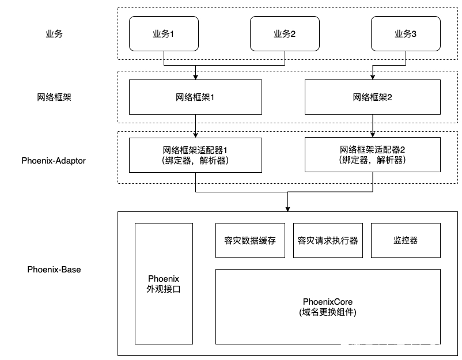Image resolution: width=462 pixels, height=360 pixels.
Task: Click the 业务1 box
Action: [164, 33]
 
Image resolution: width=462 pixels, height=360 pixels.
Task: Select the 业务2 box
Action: [285, 33]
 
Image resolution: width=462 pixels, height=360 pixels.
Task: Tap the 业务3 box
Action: [406, 33]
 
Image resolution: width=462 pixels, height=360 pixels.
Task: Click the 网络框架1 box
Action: [195, 97]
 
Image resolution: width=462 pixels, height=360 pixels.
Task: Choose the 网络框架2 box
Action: [373, 97]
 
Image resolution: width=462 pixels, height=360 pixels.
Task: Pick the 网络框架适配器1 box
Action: [195, 155]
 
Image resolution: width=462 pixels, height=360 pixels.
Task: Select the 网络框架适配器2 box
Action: [373, 154]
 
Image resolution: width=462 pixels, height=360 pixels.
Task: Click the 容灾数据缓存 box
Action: [250, 240]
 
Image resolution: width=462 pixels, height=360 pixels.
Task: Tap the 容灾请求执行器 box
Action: [328, 240]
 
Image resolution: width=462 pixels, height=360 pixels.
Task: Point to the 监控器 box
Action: [406, 240]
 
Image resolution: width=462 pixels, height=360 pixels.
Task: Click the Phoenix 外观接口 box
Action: [164, 283]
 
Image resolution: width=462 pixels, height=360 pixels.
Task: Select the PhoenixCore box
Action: [328, 306]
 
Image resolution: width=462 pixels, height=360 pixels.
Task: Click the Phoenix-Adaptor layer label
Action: [54, 161]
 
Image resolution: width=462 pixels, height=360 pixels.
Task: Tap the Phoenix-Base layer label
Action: [54, 269]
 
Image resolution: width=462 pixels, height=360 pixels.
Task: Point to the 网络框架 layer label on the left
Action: [54, 97]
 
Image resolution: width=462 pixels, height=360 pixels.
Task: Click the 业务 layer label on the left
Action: [54, 33]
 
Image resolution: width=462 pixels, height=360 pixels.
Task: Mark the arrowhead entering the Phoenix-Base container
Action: [288, 209]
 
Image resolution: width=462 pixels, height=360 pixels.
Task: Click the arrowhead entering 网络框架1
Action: [195, 77]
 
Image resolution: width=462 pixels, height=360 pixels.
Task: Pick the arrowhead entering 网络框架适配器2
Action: [373, 135]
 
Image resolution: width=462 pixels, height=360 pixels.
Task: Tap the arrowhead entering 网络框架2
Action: [373, 77]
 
